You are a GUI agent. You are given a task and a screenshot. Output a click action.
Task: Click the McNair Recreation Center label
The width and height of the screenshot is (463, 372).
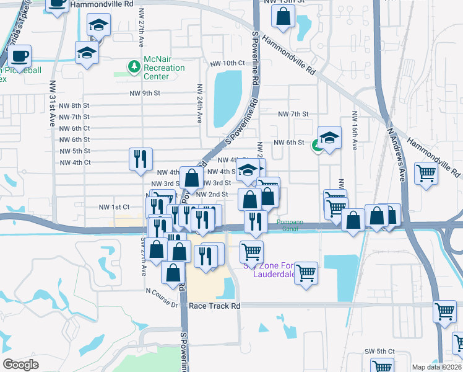point(164,68)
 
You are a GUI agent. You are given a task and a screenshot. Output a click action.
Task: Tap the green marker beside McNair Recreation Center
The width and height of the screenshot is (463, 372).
point(133,66)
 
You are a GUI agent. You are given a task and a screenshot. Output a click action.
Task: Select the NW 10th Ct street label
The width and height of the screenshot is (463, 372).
point(228,63)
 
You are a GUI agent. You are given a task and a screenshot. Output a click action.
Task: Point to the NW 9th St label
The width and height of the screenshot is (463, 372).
point(145,93)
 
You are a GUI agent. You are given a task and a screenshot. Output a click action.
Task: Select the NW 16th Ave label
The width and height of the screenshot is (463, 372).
point(355,131)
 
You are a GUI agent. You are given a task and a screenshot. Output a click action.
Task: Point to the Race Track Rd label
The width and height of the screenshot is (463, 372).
point(214,306)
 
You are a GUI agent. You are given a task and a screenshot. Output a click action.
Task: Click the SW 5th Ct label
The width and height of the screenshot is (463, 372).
point(378,351)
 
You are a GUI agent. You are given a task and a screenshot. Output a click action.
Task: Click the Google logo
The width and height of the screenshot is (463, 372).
point(20,365)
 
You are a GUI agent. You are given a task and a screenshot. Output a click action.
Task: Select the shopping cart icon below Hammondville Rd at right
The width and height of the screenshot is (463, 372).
point(426,173)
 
